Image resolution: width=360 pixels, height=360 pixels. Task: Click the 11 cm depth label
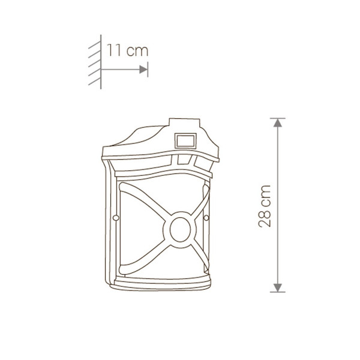click(x=128, y=50)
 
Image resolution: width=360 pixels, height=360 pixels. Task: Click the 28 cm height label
click(x=265, y=206)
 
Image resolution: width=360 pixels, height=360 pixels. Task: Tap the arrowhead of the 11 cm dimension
click(x=143, y=70)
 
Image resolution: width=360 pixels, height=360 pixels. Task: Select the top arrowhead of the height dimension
click(x=278, y=123)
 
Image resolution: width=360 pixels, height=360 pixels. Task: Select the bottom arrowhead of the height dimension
click(x=278, y=287)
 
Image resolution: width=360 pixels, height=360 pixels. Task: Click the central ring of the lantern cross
click(x=180, y=230)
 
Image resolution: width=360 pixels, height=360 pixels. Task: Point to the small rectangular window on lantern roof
click(x=185, y=141)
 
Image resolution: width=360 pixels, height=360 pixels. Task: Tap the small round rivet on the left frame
click(x=116, y=217)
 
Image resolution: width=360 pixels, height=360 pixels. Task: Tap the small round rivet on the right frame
click(x=206, y=218)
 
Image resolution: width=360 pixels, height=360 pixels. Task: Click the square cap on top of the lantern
click(x=184, y=122)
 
